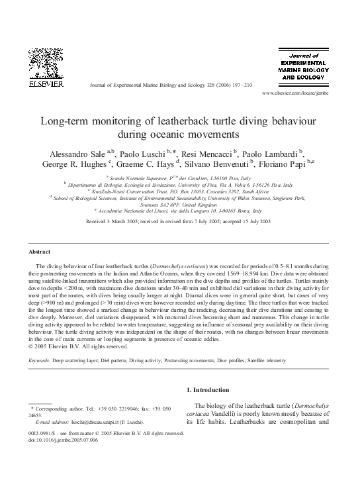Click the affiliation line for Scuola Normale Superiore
179,178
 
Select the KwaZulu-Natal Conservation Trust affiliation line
180,191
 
